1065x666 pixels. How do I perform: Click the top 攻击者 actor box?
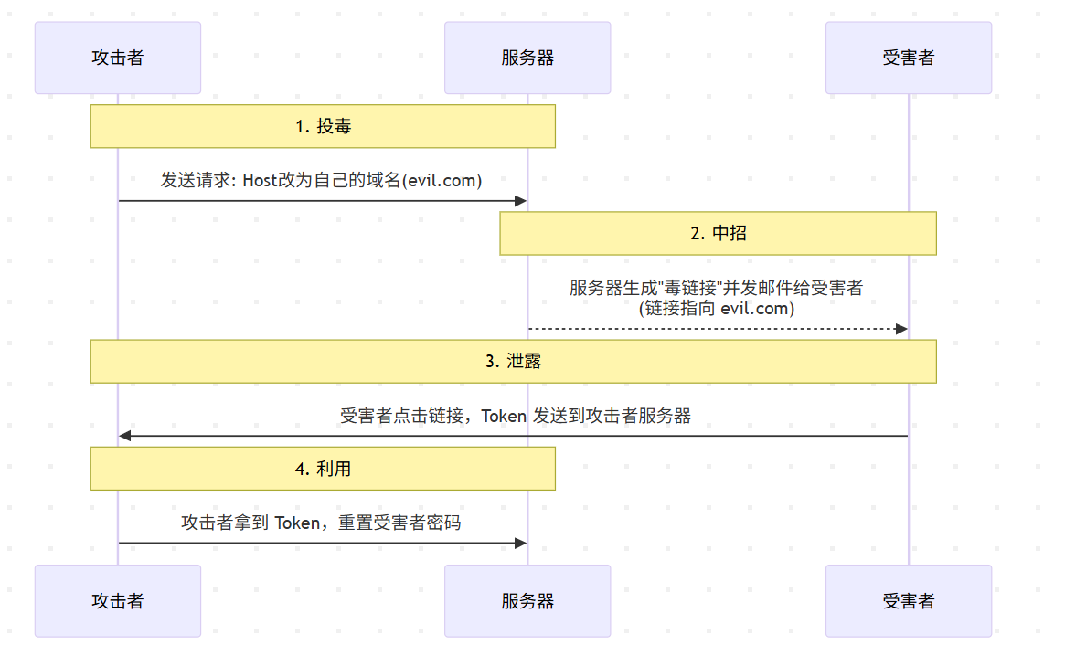click(x=118, y=58)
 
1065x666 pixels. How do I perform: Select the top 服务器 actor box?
click(x=527, y=58)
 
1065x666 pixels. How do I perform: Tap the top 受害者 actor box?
click(x=909, y=58)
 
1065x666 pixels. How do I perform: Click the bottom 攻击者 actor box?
click(x=118, y=601)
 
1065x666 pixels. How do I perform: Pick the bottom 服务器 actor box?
click(x=527, y=601)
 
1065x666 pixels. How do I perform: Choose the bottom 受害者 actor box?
click(x=909, y=601)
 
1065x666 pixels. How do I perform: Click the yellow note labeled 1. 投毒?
click(x=323, y=126)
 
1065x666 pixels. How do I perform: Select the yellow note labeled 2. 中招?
click(x=718, y=233)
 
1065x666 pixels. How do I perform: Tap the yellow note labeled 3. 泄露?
click(x=513, y=361)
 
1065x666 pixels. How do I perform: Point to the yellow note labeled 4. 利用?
click(x=323, y=469)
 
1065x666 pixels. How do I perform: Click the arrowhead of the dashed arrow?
click(x=901, y=329)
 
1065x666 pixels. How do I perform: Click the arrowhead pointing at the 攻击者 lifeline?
click(x=125, y=436)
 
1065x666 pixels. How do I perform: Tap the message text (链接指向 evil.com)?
click(x=717, y=309)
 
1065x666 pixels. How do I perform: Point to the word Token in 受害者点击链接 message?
click(x=504, y=417)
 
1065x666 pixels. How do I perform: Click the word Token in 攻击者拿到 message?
click(x=298, y=523)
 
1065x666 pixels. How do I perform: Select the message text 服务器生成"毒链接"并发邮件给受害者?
click(x=717, y=289)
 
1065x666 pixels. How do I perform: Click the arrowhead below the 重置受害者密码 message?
click(x=521, y=543)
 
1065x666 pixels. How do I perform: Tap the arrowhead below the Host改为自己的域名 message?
click(x=521, y=201)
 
